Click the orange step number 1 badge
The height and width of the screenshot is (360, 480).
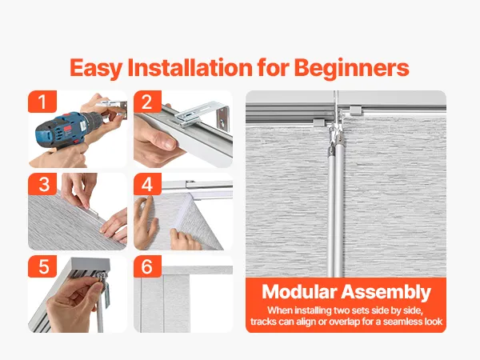[x=42, y=102]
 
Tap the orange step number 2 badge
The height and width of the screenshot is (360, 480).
[x=147, y=102]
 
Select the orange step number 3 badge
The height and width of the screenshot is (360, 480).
[x=42, y=184]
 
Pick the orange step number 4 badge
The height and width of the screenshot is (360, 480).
[x=147, y=184]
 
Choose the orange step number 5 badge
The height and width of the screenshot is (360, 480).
[x=42, y=266]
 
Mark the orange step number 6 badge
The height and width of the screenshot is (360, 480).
[x=147, y=266]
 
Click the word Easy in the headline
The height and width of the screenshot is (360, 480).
[x=96, y=69]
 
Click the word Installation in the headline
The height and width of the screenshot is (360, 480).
[x=190, y=67]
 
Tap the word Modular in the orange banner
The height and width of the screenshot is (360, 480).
[x=299, y=291]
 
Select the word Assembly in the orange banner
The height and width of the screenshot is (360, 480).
[x=386, y=292]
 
